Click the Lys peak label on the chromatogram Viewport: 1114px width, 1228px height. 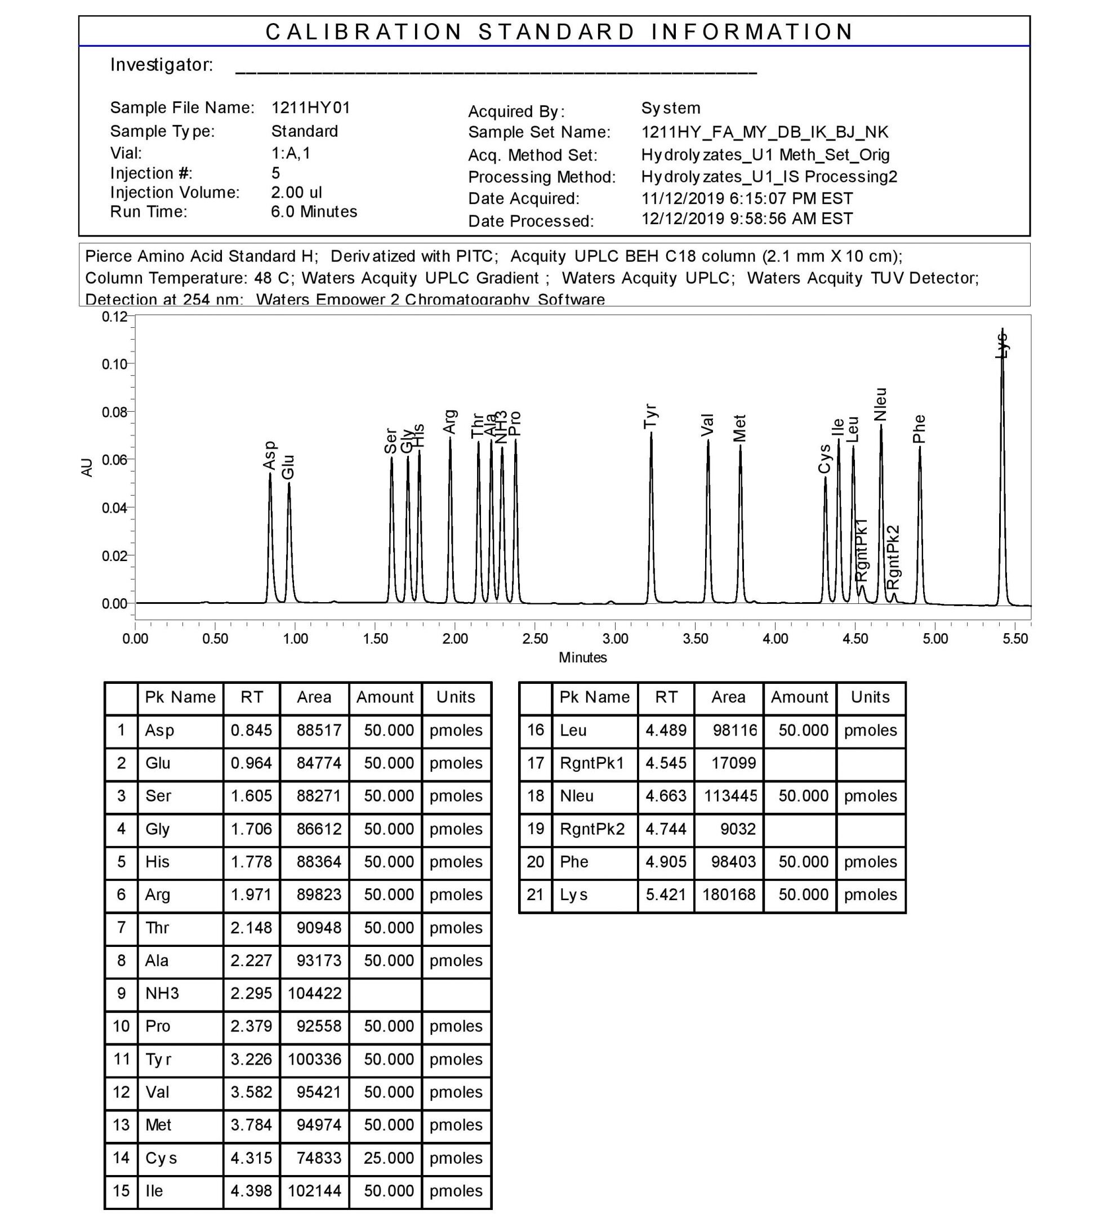1001,345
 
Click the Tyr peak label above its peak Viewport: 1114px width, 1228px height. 650,416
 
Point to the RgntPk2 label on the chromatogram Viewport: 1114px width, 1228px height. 892,557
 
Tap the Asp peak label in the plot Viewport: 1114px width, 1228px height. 269,456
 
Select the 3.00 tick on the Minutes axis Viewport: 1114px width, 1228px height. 615,639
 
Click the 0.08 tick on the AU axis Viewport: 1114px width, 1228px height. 114,412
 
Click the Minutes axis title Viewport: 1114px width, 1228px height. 582,658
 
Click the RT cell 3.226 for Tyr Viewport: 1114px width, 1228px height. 251,1059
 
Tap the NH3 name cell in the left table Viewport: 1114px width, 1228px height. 162,994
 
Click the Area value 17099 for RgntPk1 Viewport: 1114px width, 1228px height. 733,763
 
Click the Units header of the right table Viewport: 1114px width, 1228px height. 870,697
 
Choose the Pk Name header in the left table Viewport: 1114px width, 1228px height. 180,697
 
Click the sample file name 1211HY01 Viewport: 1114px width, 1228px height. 311,108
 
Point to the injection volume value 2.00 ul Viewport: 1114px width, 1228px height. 296,193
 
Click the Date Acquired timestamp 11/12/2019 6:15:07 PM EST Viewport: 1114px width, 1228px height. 747,199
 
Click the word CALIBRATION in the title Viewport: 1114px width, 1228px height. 364,32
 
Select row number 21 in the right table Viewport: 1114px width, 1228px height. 535,895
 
